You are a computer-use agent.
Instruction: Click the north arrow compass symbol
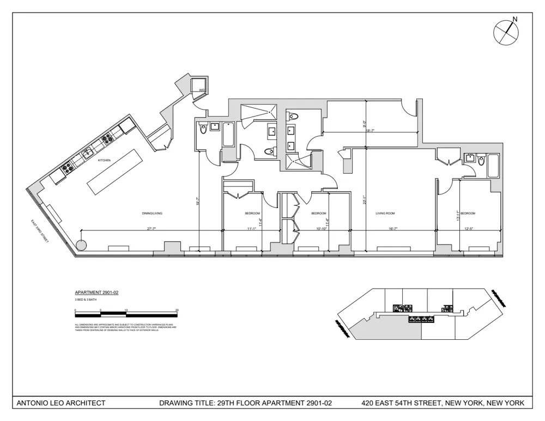[x=505, y=32]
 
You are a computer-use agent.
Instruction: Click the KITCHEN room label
[x=104, y=161]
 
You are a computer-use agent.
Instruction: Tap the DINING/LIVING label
[x=152, y=213]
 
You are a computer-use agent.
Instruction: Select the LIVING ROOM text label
[x=385, y=213]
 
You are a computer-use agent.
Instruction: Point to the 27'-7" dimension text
[x=151, y=228]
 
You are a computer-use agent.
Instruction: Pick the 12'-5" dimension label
[x=468, y=228]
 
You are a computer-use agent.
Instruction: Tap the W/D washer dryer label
[x=201, y=90]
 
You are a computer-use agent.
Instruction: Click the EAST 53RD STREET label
[x=40, y=231]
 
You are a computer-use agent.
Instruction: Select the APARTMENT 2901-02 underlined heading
[x=96, y=292]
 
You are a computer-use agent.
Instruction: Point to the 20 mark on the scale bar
[x=177, y=310]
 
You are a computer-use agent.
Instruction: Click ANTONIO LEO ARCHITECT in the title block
[x=61, y=404]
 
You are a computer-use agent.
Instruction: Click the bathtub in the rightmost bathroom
[x=493, y=166]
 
